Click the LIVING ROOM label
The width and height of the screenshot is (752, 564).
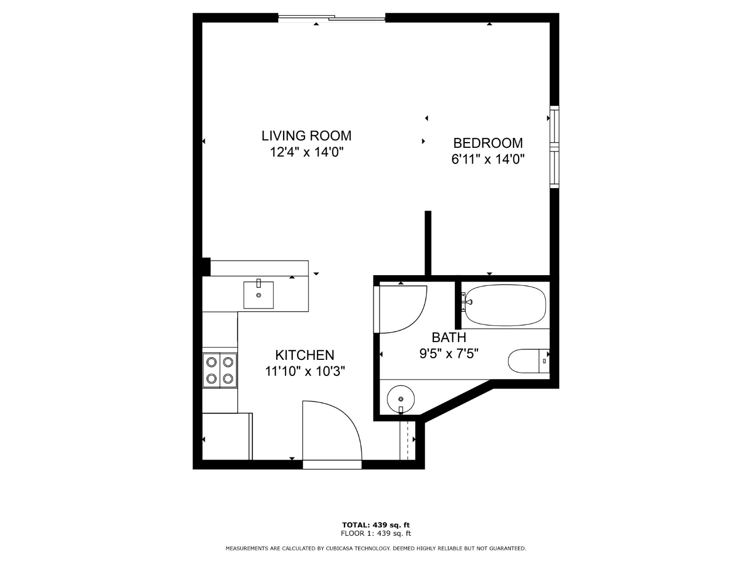[x=306, y=136]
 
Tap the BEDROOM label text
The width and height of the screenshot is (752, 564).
[x=488, y=143]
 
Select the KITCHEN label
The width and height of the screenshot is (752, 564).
[x=304, y=355]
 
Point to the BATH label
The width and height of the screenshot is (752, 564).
[x=449, y=337]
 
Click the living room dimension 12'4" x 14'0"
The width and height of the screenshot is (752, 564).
[x=307, y=151]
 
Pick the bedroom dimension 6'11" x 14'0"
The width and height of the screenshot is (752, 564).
[x=488, y=159]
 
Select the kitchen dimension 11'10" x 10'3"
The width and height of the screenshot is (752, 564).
[x=305, y=371]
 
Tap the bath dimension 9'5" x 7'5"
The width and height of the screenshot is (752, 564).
[x=449, y=354]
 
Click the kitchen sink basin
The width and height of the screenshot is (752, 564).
[x=258, y=295]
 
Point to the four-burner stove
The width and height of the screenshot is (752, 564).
[x=220, y=370]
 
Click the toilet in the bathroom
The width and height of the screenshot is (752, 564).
[x=528, y=361]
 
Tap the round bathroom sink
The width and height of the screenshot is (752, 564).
[x=401, y=399]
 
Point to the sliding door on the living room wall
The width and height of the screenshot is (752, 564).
[x=332, y=18]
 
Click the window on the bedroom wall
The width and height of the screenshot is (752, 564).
[x=554, y=147]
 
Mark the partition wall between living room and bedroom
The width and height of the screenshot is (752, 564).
[x=428, y=243]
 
